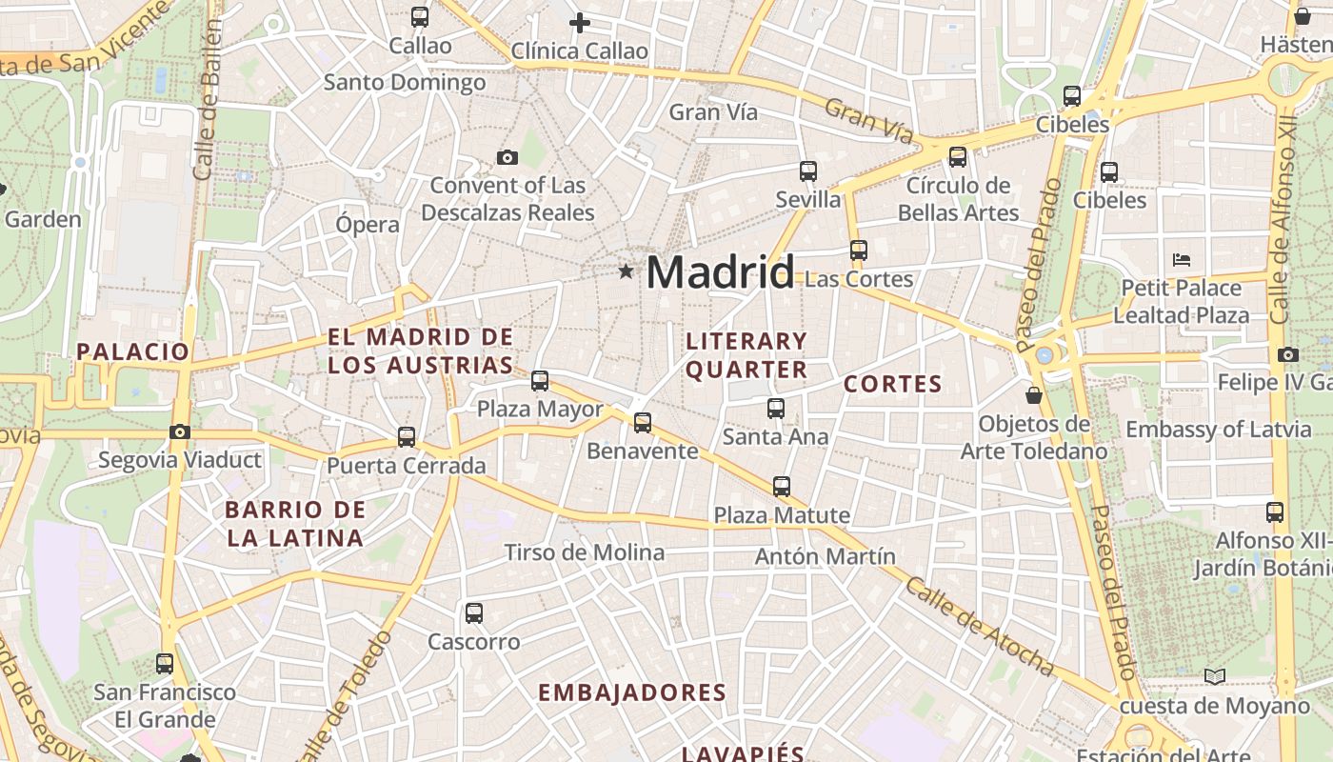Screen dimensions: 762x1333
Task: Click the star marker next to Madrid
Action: click(x=626, y=272)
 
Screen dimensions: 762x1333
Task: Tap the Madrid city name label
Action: click(x=720, y=273)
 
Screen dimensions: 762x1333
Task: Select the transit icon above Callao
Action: click(x=420, y=16)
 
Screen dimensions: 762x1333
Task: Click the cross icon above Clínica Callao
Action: click(x=579, y=23)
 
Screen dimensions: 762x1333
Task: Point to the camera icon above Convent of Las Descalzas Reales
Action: click(x=507, y=157)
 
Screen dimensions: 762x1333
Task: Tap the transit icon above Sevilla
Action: click(x=808, y=171)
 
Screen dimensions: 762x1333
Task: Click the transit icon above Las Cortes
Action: click(x=859, y=251)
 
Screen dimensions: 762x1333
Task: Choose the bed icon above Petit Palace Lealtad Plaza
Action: click(x=1182, y=259)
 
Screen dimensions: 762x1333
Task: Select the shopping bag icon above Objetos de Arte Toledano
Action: click(x=1034, y=394)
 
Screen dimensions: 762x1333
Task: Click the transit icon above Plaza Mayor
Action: click(x=540, y=381)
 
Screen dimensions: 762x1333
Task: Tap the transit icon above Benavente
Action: click(x=643, y=422)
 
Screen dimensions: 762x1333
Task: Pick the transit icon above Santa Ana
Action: click(x=776, y=409)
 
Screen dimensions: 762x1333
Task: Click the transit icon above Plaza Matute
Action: click(x=782, y=487)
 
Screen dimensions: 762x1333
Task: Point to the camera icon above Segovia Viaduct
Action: click(x=180, y=431)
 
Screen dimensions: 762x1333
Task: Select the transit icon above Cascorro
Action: click(x=474, y=613)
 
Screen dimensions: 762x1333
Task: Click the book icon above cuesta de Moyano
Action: click(x=1214, y=676)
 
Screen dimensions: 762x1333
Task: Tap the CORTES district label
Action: click(x=893, y=385)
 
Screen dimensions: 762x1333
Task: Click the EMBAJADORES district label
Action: click(x=632, y=692)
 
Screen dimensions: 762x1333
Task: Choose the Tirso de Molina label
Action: click(x=585, y=552)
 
